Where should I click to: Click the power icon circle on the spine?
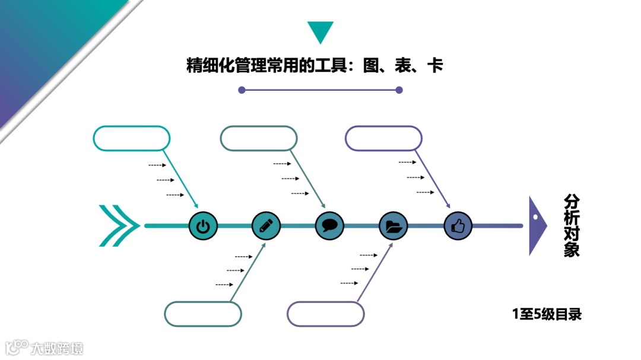tap(203, 226)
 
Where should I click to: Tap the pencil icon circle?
tap(266, 226)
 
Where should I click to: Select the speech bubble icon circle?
tap(329, 226)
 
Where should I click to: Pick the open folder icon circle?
tap(394, 226)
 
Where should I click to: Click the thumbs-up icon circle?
tap(458, 226)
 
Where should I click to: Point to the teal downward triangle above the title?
tap(320, 31)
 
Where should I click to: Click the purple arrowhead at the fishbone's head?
tap(537, 226)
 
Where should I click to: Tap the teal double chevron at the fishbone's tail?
tap(118, 225)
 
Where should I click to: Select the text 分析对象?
tap(571, 225)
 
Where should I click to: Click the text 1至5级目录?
tap(547, 314)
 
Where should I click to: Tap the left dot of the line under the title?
tap(242, 90)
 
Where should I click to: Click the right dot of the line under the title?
tap(399, 90)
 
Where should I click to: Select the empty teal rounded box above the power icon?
tap(132, 138)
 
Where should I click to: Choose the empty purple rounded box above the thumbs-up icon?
tap(383, 138)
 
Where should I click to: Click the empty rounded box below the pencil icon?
tap(203, 314)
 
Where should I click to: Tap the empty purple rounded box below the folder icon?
tap(325, 314)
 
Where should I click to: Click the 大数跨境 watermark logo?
tap(44, 348)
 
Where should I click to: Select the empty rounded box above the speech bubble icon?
tap(259, 138)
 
